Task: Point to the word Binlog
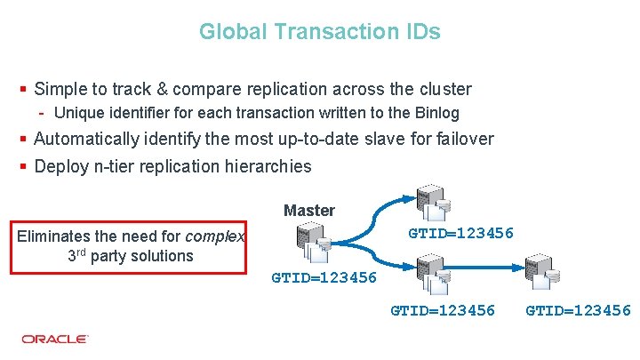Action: pos(436,113)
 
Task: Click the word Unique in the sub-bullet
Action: pos(76,113)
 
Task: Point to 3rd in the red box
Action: pos(78,255)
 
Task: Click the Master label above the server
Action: pos(309,211)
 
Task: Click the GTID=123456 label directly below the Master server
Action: pos(324,278)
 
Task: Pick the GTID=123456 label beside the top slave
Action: pos(460,234)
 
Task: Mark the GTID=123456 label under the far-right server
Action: pos(578,310)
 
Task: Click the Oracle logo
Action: pos(55,339)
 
